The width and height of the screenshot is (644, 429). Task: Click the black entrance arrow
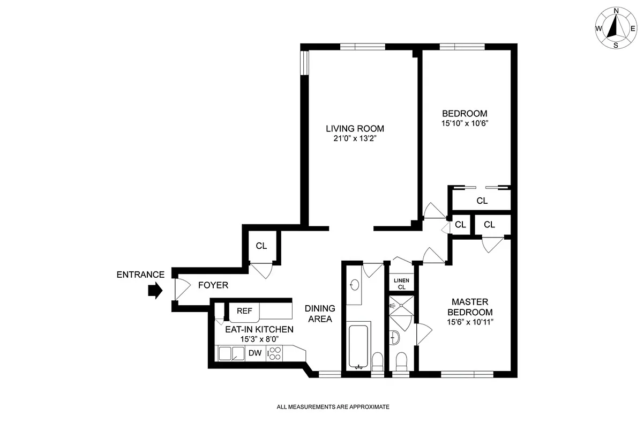[155, 291]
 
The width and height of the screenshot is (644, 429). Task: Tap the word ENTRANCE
[140, 275]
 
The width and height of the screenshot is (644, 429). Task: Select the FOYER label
[213, 285]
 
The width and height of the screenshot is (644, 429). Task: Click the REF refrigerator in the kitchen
[244, 311]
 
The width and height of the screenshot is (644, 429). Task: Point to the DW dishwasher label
[254, 353]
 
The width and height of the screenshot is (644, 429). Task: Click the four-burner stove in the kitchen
[275, 353]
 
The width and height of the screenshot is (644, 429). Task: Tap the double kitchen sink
[231, 353]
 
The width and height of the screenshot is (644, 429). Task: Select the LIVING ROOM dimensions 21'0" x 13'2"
[355, 138]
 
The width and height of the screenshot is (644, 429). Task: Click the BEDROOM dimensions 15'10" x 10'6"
[465, 123]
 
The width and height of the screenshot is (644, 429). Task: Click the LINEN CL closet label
[401, 284]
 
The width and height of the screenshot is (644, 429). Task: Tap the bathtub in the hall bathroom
[358, 345]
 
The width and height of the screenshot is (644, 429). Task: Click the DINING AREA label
[320, 314]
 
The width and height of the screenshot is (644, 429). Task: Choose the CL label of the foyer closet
[261, 246]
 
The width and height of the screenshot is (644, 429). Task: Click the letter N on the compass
[616, 11]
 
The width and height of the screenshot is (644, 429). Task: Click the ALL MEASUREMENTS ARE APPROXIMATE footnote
[333, 407]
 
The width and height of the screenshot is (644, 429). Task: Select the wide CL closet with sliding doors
[482, 201]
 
